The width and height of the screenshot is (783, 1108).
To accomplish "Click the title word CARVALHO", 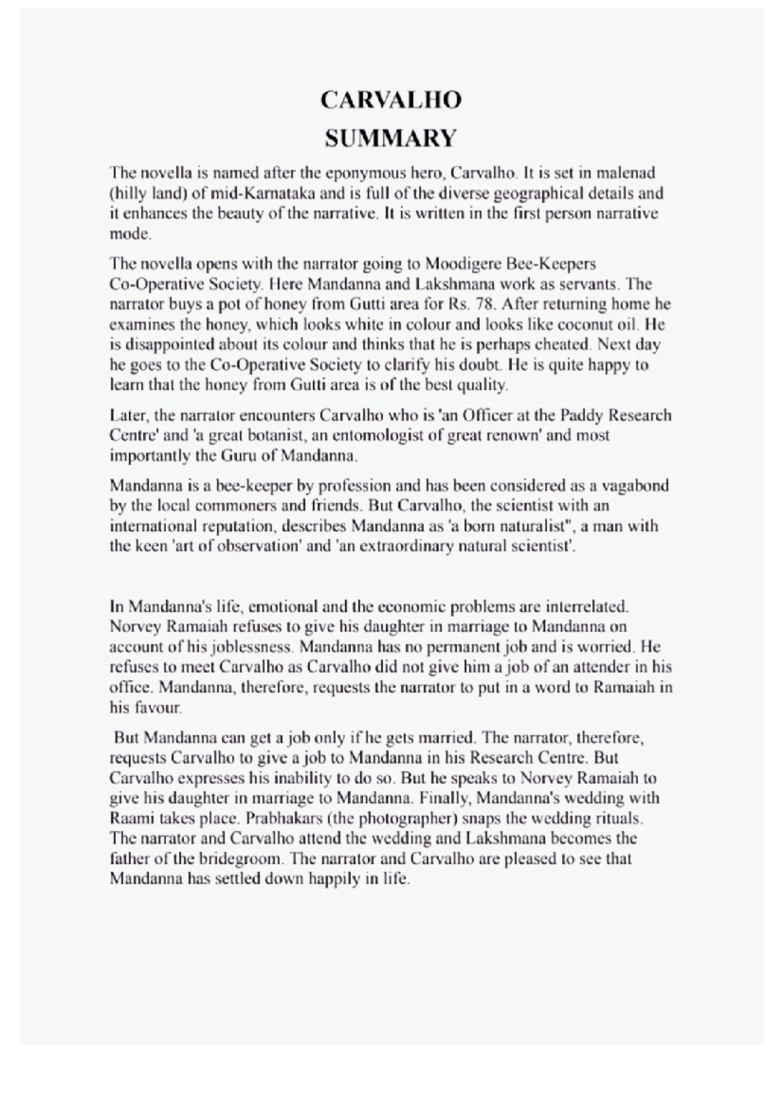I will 391,100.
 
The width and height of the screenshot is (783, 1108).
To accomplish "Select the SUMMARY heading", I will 391,138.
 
